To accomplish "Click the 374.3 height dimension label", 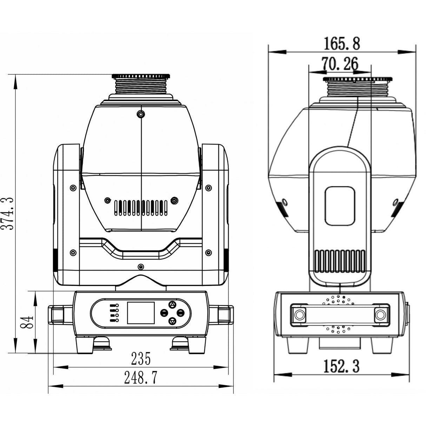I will click(x=8, y=213).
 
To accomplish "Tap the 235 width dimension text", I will click(x=141, y=359).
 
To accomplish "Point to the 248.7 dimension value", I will click(x=141, y=378).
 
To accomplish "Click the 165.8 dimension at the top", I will click(x=341, y=44).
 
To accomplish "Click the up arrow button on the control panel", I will click(x=172, y=304).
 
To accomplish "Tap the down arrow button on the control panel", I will click(x=172, y=321).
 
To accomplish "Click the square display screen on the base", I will click(x=141, y=312).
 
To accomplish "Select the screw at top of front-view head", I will click(x=141, y=114).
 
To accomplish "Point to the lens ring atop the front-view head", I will click(x=141, y=76).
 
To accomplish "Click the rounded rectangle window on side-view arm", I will click(x=340, y=206).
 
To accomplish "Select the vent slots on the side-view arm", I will click(x=340, y=261).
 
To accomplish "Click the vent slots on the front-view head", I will click(x=141, y=208).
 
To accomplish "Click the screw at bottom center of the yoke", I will click(x=141, y=266).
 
